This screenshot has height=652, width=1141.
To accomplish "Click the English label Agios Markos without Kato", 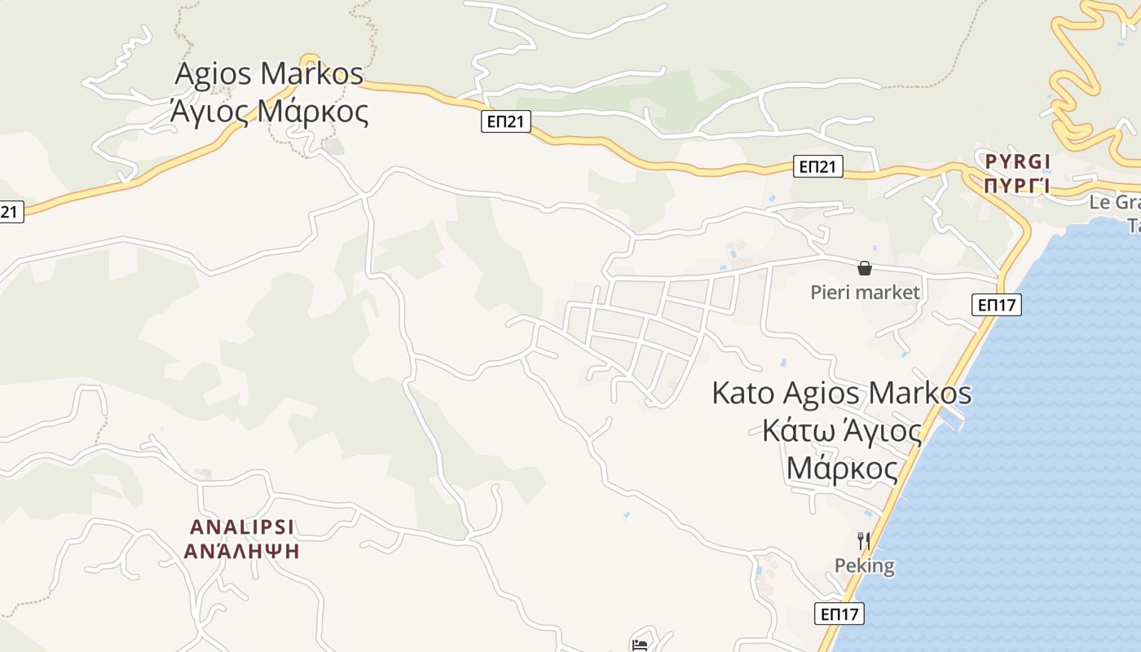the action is [x=269, y=74].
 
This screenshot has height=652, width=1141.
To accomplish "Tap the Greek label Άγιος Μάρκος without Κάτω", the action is [x=269, y=112].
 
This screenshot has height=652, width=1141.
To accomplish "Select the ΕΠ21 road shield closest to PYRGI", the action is [x=817, y=167].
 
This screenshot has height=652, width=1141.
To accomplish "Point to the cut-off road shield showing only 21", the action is [x=10, y=212].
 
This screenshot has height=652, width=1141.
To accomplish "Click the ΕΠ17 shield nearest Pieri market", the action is [x=996, y=305].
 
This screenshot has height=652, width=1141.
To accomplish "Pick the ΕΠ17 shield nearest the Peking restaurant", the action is [x=839, y=614].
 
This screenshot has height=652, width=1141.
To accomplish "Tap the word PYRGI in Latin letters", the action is [x=1017, y=160].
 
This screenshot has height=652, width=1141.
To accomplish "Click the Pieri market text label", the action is [x=865, y=292].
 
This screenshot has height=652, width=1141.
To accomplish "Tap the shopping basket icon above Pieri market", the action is [x=865, y=268].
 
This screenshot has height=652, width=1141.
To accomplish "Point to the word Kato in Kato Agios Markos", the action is [x=742, y=393].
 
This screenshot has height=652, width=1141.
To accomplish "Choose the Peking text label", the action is [x=864, y=566].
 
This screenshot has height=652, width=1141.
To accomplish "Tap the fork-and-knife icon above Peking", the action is [x=864, y=540].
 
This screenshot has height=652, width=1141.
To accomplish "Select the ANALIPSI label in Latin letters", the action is [x=242, y=526].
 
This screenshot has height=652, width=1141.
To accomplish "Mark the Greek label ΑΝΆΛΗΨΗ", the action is [x=242, y=552].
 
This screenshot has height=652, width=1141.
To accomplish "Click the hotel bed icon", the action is [x=640, y=645].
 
